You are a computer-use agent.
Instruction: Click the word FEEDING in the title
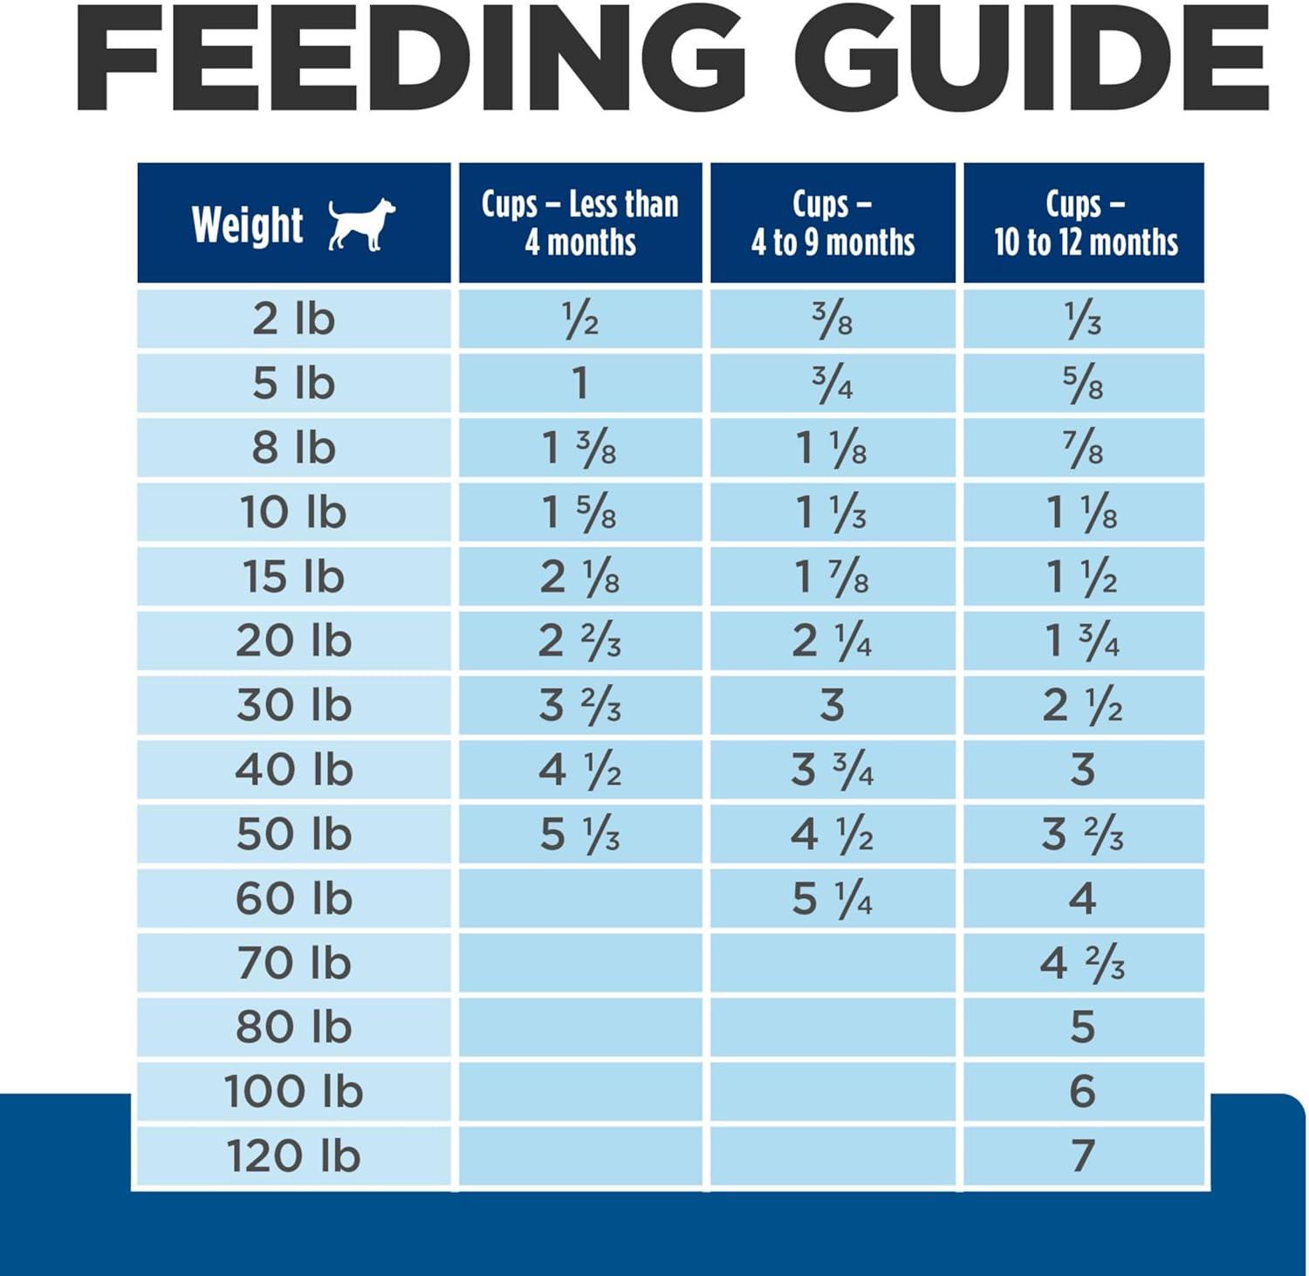pos(410,59)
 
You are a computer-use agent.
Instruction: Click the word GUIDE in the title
pos(1034,59)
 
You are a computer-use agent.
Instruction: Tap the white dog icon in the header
pos(361,224)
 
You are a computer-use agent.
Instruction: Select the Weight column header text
pos(248,225)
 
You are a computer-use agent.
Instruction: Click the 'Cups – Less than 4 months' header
pos(580,223)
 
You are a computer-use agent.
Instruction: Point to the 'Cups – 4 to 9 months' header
pos(833,223)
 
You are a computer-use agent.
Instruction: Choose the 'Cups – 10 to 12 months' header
pos(1085,223)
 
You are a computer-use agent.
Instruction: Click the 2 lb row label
pos(294,319)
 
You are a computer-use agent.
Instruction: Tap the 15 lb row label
pos(294,577)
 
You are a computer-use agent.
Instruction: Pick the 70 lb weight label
pos(294,964)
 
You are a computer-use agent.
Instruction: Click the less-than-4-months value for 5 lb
pos(580,384)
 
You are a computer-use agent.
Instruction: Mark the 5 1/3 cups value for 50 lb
pos(580,834)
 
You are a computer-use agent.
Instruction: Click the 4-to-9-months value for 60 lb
pos(833,899)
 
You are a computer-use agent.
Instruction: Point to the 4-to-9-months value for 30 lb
pos(833,705)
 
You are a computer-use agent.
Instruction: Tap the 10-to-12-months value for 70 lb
pos(1083,964)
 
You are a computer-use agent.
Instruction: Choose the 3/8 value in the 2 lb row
pos(833,319)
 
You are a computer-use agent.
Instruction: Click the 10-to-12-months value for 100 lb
pos(1083,1092)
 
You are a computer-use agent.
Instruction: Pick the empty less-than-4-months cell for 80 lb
pos(580,1027)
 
